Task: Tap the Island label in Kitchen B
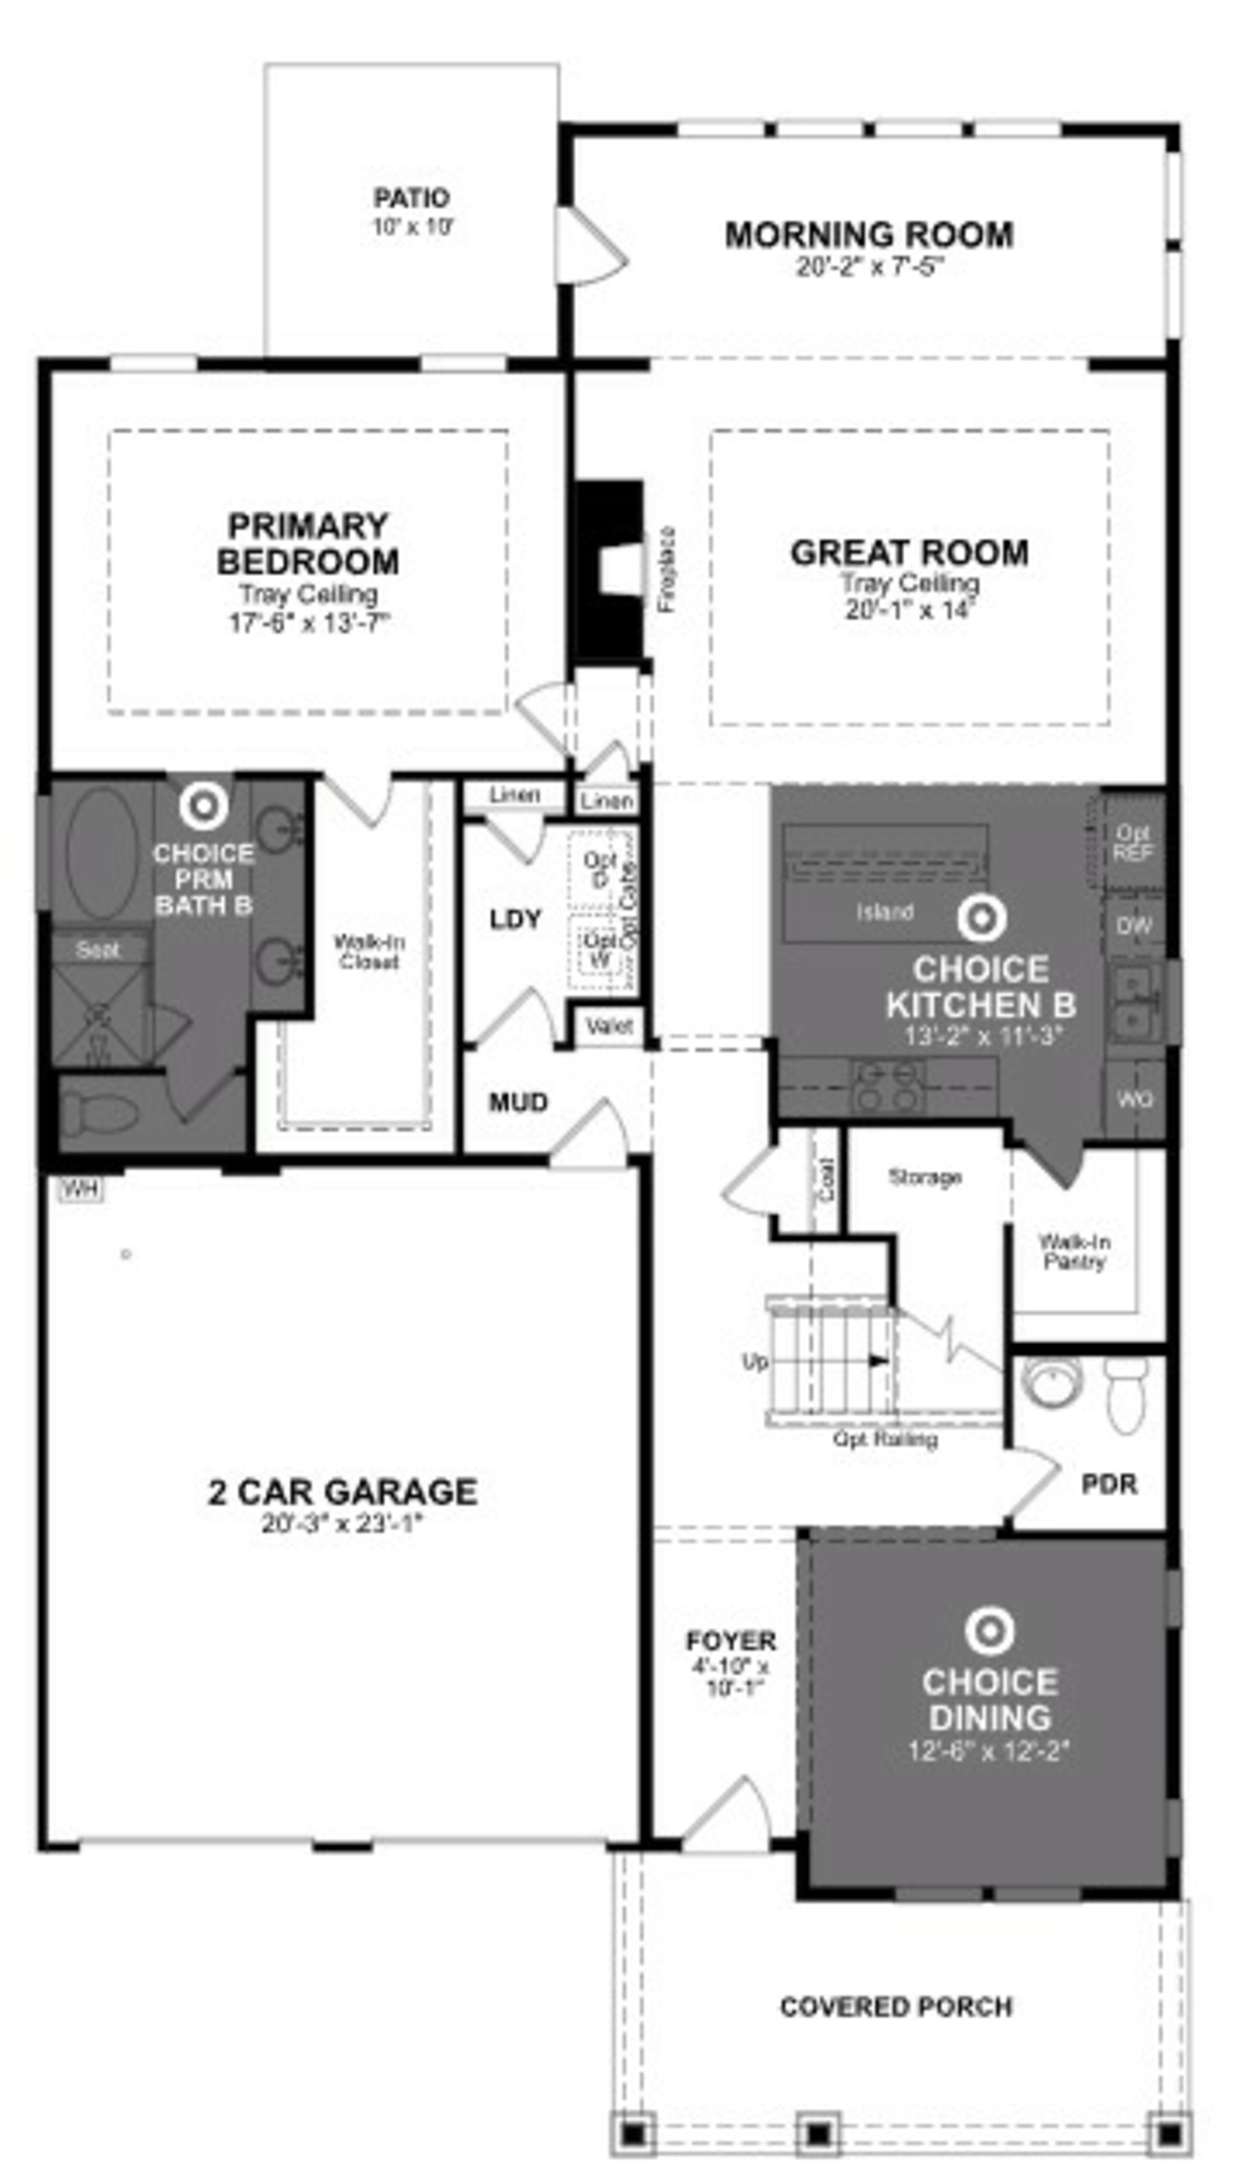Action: point(885,912)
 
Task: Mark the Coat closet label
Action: point(827,1179)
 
